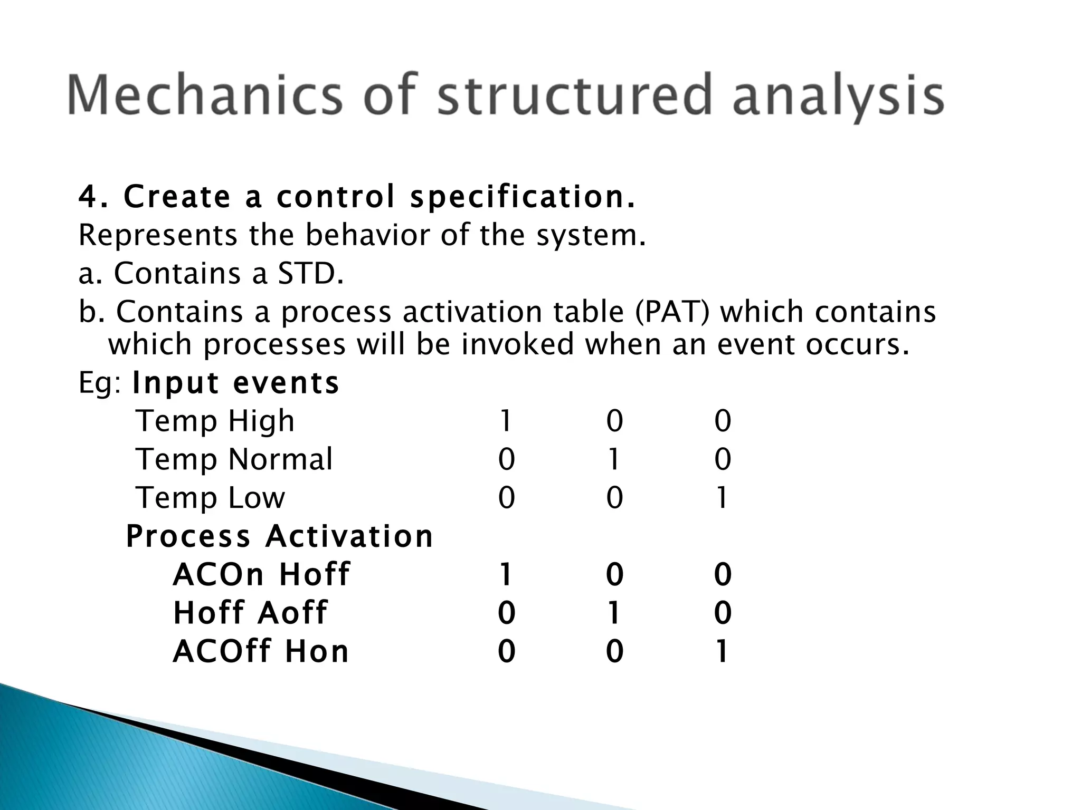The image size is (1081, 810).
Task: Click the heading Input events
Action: pyautogui.click(x=235, y=383)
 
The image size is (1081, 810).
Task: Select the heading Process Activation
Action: pyautogui.click(x=279, y=536)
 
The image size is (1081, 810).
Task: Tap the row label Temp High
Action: pyautogui.click(x=215, y=421)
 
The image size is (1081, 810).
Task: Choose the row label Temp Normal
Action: pyautogui.click(x=234, y=459)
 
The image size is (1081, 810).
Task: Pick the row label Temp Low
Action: pyautogui.click(x=210, y=497)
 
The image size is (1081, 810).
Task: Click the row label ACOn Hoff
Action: pyautogui.click(x=261, y=574)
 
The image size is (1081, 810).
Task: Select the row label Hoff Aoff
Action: pyautogui.click(x=250, y=613)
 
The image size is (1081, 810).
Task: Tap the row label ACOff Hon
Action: pyautogui.click(x=261, y=651)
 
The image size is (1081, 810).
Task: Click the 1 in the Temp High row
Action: pyautogui.click(x=506, y=421)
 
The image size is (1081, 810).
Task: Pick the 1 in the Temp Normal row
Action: pyautogui.click(x=613, y=459)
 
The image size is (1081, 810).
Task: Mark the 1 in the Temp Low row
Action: pyautogui.click(x=722, y=498)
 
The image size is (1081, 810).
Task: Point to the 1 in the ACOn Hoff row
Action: pyautogui.click(x=506, y=575)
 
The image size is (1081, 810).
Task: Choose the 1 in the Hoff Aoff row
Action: pyautogui.click(x=613, y=613)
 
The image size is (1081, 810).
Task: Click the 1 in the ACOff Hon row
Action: pyautogui.click(x=722, y=652)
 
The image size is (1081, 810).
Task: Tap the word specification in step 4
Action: pyautogui.click(x=523, y=197)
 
